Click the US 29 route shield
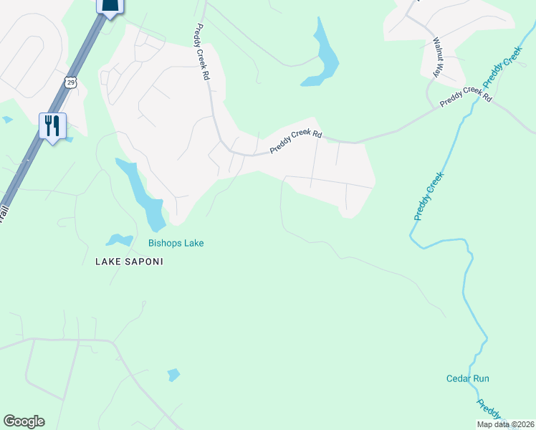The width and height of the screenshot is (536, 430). coord(70,82)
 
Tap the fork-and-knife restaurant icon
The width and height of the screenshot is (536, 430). coord(52,126)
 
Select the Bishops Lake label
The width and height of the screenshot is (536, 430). coord(176,244)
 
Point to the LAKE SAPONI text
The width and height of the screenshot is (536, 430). coord(129,262)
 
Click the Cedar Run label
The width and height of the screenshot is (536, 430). coord(467,378)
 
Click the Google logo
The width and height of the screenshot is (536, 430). coord(24,421)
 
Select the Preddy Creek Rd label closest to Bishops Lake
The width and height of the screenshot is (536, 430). coord(297,141)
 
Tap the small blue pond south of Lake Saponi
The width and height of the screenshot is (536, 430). coord(173,374)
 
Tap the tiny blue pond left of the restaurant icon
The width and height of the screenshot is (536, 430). coord(7,120)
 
